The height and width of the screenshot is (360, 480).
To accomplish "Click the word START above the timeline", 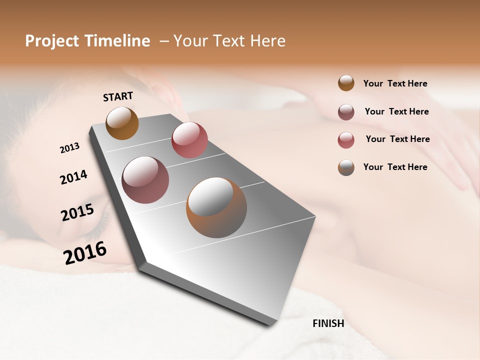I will click(118, 96).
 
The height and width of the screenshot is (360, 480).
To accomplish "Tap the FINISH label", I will click(328, 323).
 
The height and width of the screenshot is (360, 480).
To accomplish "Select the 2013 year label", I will click(69, 148).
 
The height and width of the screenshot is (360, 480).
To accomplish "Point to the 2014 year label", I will click(73, 177).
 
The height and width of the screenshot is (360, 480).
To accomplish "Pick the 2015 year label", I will click(77, 212).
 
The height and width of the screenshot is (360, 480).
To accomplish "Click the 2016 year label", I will click(85, 252).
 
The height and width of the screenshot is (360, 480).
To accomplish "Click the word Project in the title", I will click(52, 41).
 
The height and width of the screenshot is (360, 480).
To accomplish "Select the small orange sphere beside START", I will click(122, 123).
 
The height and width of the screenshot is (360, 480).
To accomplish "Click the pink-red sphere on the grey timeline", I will click(189, 140).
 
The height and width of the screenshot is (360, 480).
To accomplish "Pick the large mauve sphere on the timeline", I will click(145, 180).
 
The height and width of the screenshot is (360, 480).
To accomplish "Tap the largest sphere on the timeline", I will click(216, 207).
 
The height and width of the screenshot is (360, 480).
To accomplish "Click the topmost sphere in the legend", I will click(346, 83).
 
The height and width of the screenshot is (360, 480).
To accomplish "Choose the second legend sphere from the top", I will click(346, 112).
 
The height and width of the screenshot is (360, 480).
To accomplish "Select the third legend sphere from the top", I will click(346, 140).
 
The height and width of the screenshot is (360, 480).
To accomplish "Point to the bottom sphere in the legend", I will click(346, 167).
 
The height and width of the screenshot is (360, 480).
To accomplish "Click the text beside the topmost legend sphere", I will click(395, 83).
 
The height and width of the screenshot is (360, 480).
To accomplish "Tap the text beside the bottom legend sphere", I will click(395, 167).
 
